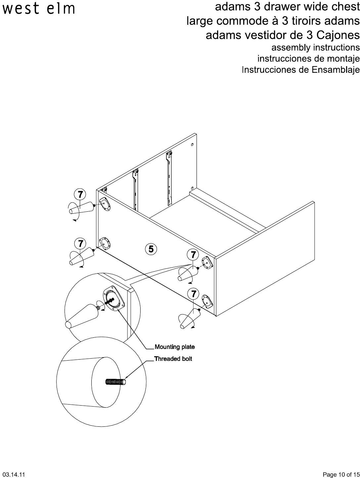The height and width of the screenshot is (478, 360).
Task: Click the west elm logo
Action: (x=39, y=9)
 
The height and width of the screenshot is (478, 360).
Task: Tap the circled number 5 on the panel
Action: (x=151, y=249)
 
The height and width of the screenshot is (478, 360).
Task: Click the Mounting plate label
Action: (x=174, y=347)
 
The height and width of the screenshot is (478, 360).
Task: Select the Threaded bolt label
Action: (x=173, y=359)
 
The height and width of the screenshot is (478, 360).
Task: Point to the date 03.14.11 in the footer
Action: (x=14, y=475)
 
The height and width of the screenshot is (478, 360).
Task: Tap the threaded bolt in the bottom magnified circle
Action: (x=115, y=382)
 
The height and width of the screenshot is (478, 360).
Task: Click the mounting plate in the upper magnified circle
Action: (x=114, y=299)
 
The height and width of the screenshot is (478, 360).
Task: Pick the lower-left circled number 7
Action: (x=80, y=243)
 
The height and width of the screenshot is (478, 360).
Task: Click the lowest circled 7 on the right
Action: (x=194, y=293)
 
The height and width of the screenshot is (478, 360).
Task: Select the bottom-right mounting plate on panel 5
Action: (x=207, y=302)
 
